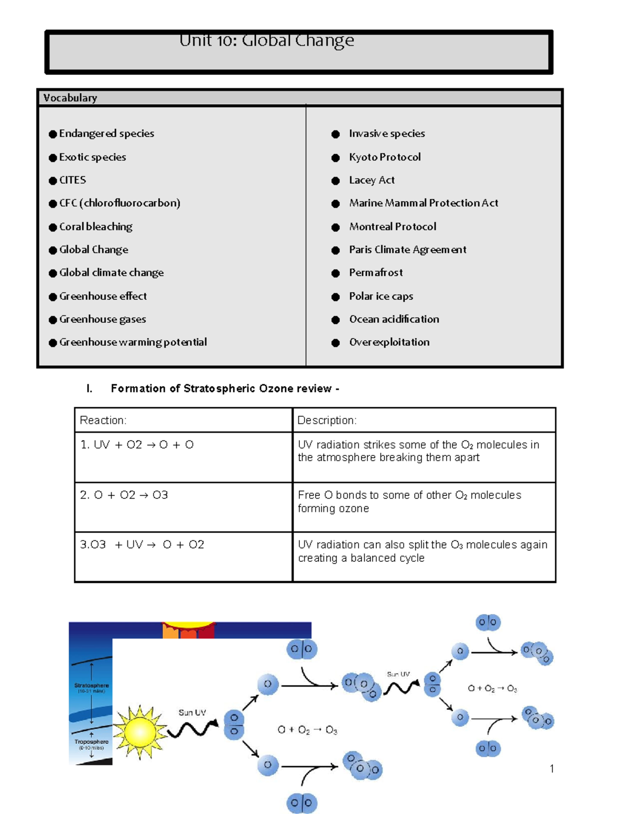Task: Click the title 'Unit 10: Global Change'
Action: coord(266,40)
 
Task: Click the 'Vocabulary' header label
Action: coord(70,98)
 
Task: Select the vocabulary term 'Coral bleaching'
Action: coord(95,226)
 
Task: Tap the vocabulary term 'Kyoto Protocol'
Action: coord(385,157)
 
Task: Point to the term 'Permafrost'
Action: coord(376,273)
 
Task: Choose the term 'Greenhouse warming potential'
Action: coord(133,342)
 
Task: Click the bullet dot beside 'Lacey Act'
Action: coord(335,181)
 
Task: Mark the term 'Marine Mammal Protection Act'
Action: coord(424,203)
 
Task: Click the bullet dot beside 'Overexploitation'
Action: coord(335,343)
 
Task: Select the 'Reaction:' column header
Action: coord(103,420)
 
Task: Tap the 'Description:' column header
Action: coord(327,420)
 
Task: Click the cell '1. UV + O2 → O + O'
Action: coord(137,445)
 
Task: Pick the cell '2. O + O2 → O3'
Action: coord(124,495)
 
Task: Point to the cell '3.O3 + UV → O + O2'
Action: coord(142,545)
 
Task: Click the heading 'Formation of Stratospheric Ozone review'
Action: coord(221,388)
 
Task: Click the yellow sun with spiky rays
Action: coord(139,732)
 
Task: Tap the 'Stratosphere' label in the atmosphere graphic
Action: coord(92,685)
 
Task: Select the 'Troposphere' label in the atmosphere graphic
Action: coord(91,742)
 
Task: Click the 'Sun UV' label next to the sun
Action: coord(192,713)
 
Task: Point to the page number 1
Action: coord(551,769)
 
